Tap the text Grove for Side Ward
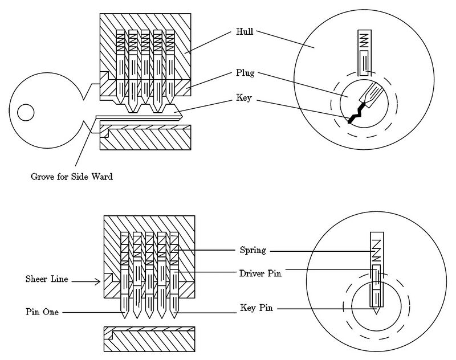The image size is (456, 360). pyautogui.click(x=71, y=177)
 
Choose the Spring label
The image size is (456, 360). pyautogui.click(x=253, y=250)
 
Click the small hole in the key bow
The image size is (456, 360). pyautogui.click(x=26, y=112)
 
